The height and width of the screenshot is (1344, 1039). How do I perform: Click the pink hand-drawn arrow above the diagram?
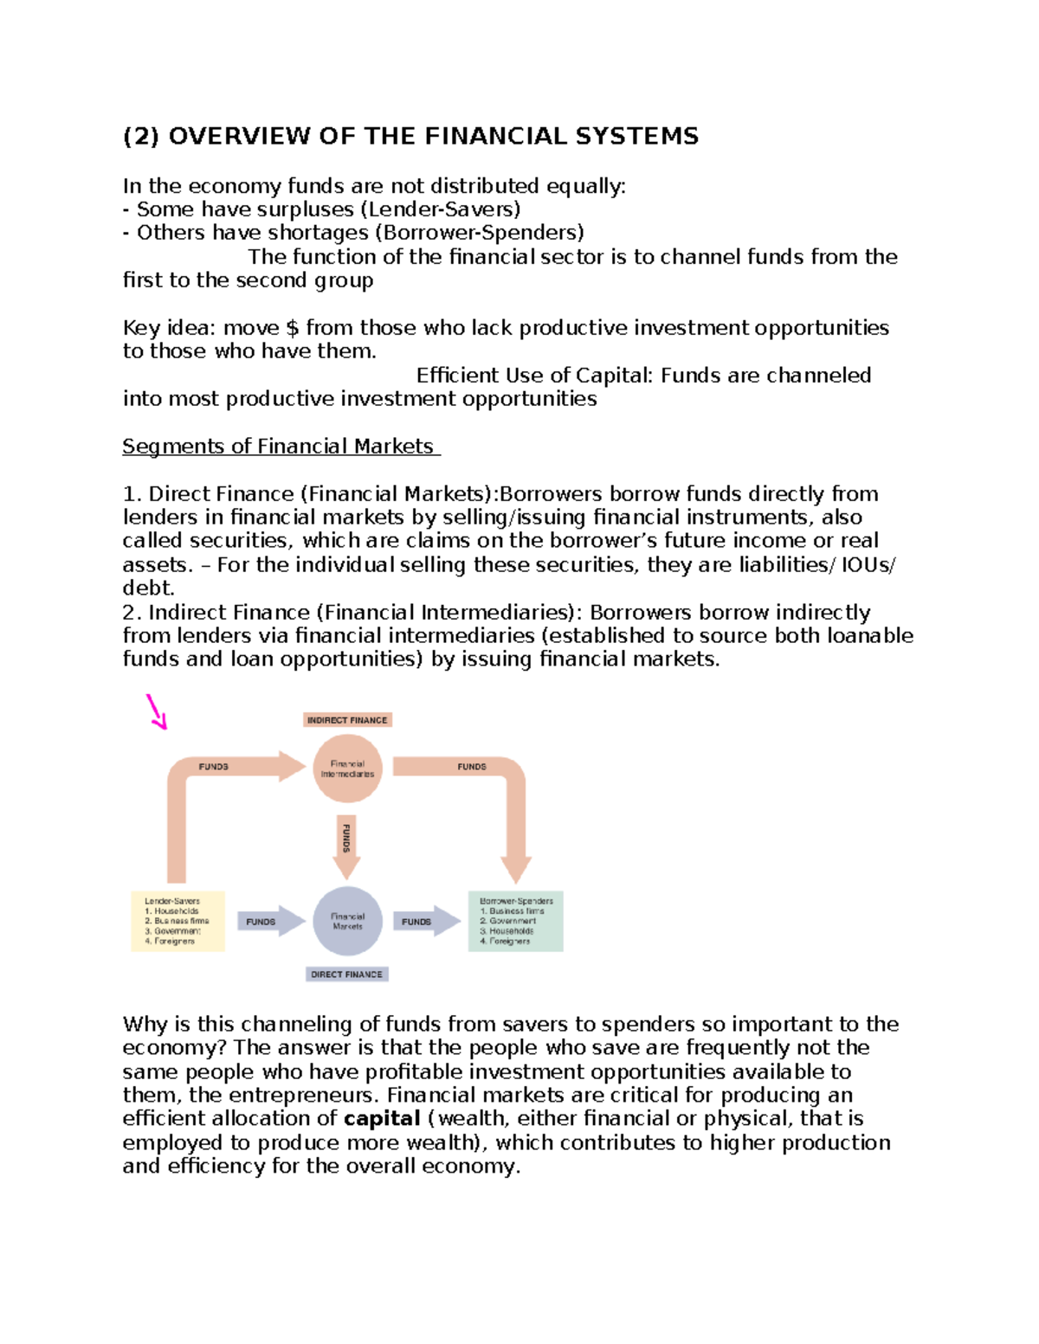(x=157, y=711)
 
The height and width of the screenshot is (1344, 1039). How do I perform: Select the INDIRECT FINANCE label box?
(x=347, y=720)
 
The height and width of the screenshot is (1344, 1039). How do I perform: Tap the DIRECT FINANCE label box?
(x=346, y=974)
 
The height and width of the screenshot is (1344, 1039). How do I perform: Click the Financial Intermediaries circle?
(x=347, y=768)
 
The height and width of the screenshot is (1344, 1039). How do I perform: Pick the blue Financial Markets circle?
(x=347, y=921)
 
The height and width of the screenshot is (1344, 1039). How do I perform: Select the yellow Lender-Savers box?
(x=177, y=921)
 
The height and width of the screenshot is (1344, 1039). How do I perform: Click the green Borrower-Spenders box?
(x=516, y=921)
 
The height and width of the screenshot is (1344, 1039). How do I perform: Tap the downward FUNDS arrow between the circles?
(x=346, y=845)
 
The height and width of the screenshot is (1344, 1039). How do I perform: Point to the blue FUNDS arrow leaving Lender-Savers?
(x=269, y=922)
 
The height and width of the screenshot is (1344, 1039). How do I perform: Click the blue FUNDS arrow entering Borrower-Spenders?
(x=425, y=922)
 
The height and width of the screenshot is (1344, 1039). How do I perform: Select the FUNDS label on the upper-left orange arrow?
(x=214, y=767)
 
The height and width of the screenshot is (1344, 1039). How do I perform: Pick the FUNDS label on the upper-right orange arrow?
(x=472, y=767)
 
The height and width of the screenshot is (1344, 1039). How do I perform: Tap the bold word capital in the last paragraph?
(x=382, y=1119)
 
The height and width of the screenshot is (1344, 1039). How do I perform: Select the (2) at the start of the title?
(x=140, y=136)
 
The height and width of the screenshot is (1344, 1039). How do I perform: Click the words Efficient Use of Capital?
(x=534, y=376)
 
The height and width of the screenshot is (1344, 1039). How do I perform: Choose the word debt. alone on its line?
(x=148, y=588)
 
